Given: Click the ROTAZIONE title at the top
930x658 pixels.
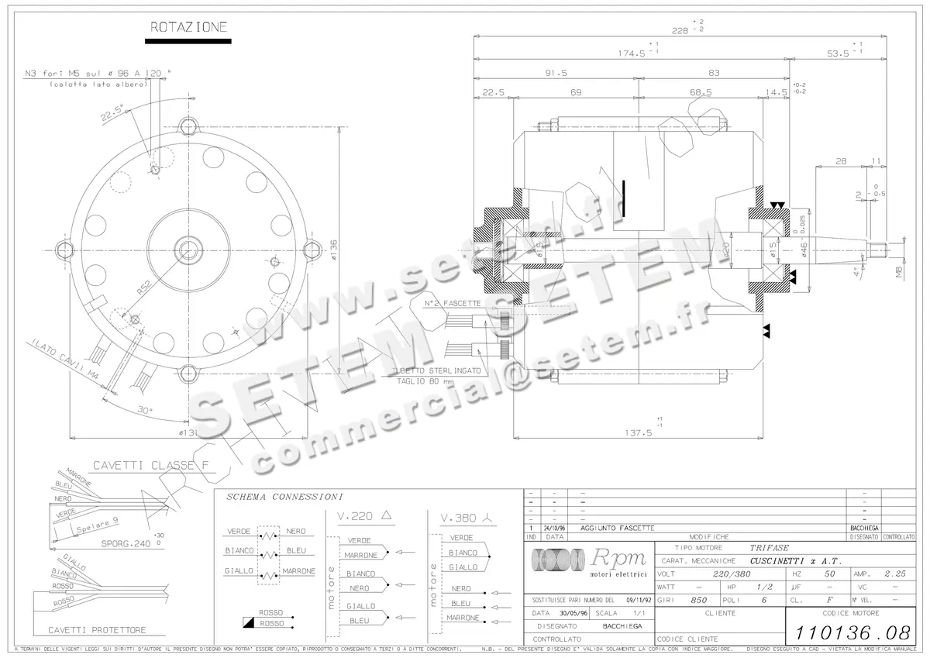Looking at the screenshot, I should (188, 27).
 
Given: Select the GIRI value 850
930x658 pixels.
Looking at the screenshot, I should (698, 600).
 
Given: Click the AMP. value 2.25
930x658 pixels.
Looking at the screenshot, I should (896, 574).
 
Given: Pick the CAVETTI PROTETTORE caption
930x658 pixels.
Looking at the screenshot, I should (97, 630).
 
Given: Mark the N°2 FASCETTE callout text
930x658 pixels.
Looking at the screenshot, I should (452, 303).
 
